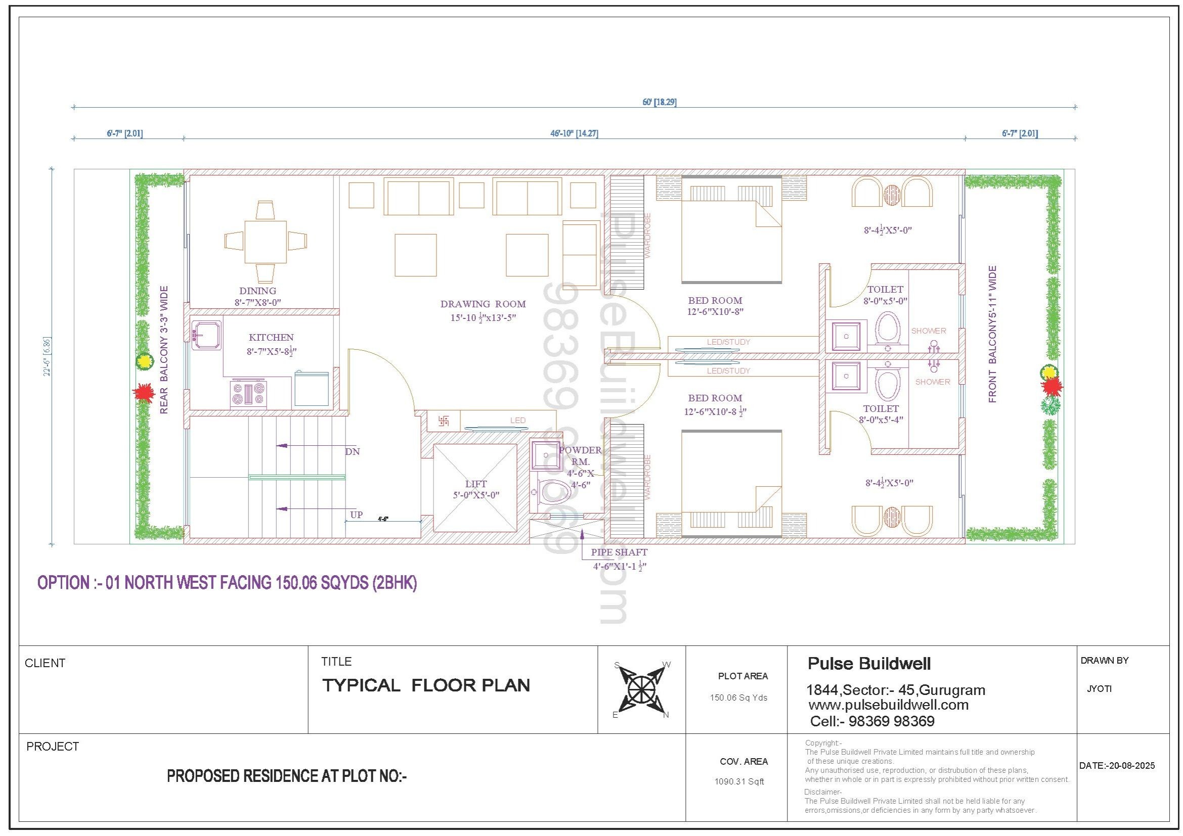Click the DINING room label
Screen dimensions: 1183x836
(x=257, y=291)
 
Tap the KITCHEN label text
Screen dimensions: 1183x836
(x=271, y=337)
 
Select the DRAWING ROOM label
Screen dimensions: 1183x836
(x=483, y=304)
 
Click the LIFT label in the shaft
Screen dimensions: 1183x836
(x=475, y=483)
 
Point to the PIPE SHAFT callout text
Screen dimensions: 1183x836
(x=619, y=552)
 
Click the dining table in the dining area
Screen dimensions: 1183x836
(x=266, y=242)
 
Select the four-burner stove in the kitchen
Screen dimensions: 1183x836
(x=248, y=394)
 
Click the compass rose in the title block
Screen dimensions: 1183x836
(x=641, y=689)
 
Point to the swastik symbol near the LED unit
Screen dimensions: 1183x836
(x=443, y=421)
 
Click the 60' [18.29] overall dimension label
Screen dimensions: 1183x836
(x=660, y=102)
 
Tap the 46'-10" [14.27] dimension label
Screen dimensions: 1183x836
(x=574, y=133)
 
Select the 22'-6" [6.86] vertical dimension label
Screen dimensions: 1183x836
(x=47, y=356)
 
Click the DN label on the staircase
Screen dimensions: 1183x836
(x=353, y=451)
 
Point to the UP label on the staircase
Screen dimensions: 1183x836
(x=357, y=514)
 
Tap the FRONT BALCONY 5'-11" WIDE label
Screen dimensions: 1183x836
(x=992, y=334)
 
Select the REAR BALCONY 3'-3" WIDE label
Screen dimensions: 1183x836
(x=164, y=350)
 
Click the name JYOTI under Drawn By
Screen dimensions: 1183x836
(x=1099, y=689)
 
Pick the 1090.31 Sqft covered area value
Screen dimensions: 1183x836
(x=739, y=781)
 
